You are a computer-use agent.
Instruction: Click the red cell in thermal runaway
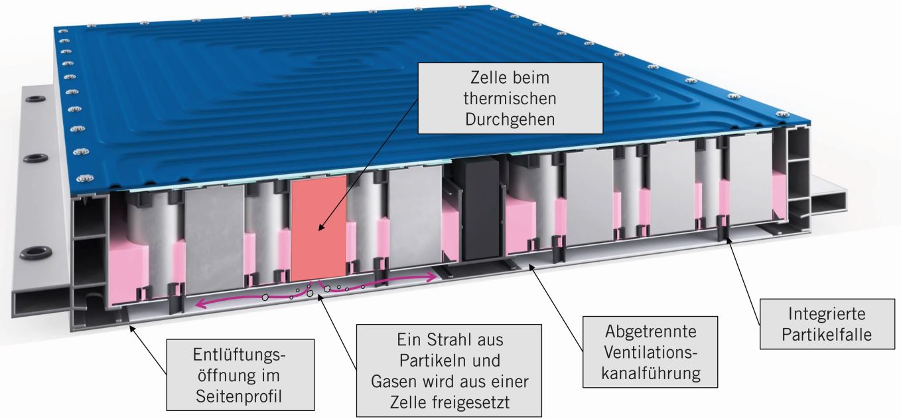tap(318, 226)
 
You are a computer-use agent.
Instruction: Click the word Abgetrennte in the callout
tap(651, 331)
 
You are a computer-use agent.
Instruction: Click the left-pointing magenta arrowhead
tap(198, 304)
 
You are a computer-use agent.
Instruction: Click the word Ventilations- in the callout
tap(651, 352)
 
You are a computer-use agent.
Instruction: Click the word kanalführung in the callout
tap(651, 373)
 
